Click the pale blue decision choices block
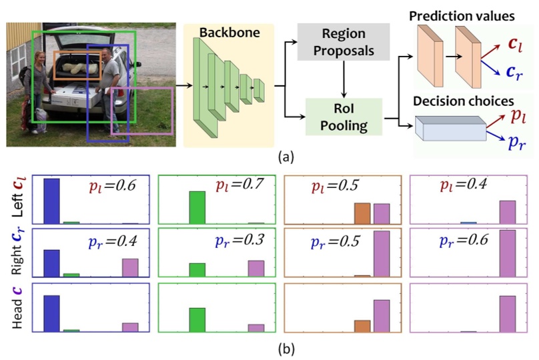(451, 129)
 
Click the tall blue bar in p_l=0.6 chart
(51, 201)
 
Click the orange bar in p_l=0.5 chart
(362, 213)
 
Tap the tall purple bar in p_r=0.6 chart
(508, 253)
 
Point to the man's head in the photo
(107, 53)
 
